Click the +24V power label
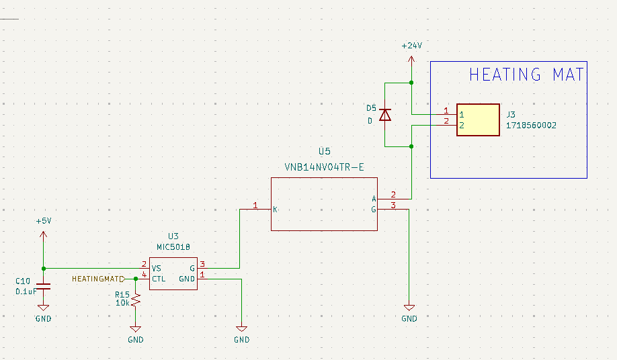pyautogui.click(x=411, y=46)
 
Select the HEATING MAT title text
pyautogui.click(x=526, y=75)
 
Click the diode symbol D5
pyautogui.click(x=385, y=115)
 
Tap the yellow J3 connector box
pyautogui.click(x=478, y=120)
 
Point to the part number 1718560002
pyautogui.click(x=531, y=126)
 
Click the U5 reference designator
pyautogui.click(x=325, y=152)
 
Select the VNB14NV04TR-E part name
pyautogui.click(x=325, y=167)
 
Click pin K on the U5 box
pyautogui.click(x=276, y=210)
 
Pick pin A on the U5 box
pyautogui.click(x=373, y=199)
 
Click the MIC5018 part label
pyautogui.click(x=173, y=246)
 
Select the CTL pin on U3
pyautogui.click(x=159, y=278)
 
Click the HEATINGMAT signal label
pyautogui.click(x=97, y=278)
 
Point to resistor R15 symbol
pyautogui.click(x=136, y=300)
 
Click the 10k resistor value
pyautogui.click(x=122, y=304)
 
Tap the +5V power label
pyautogui.click(x=44, y=221)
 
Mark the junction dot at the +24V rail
pyautogui.click(x=411, y=83)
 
